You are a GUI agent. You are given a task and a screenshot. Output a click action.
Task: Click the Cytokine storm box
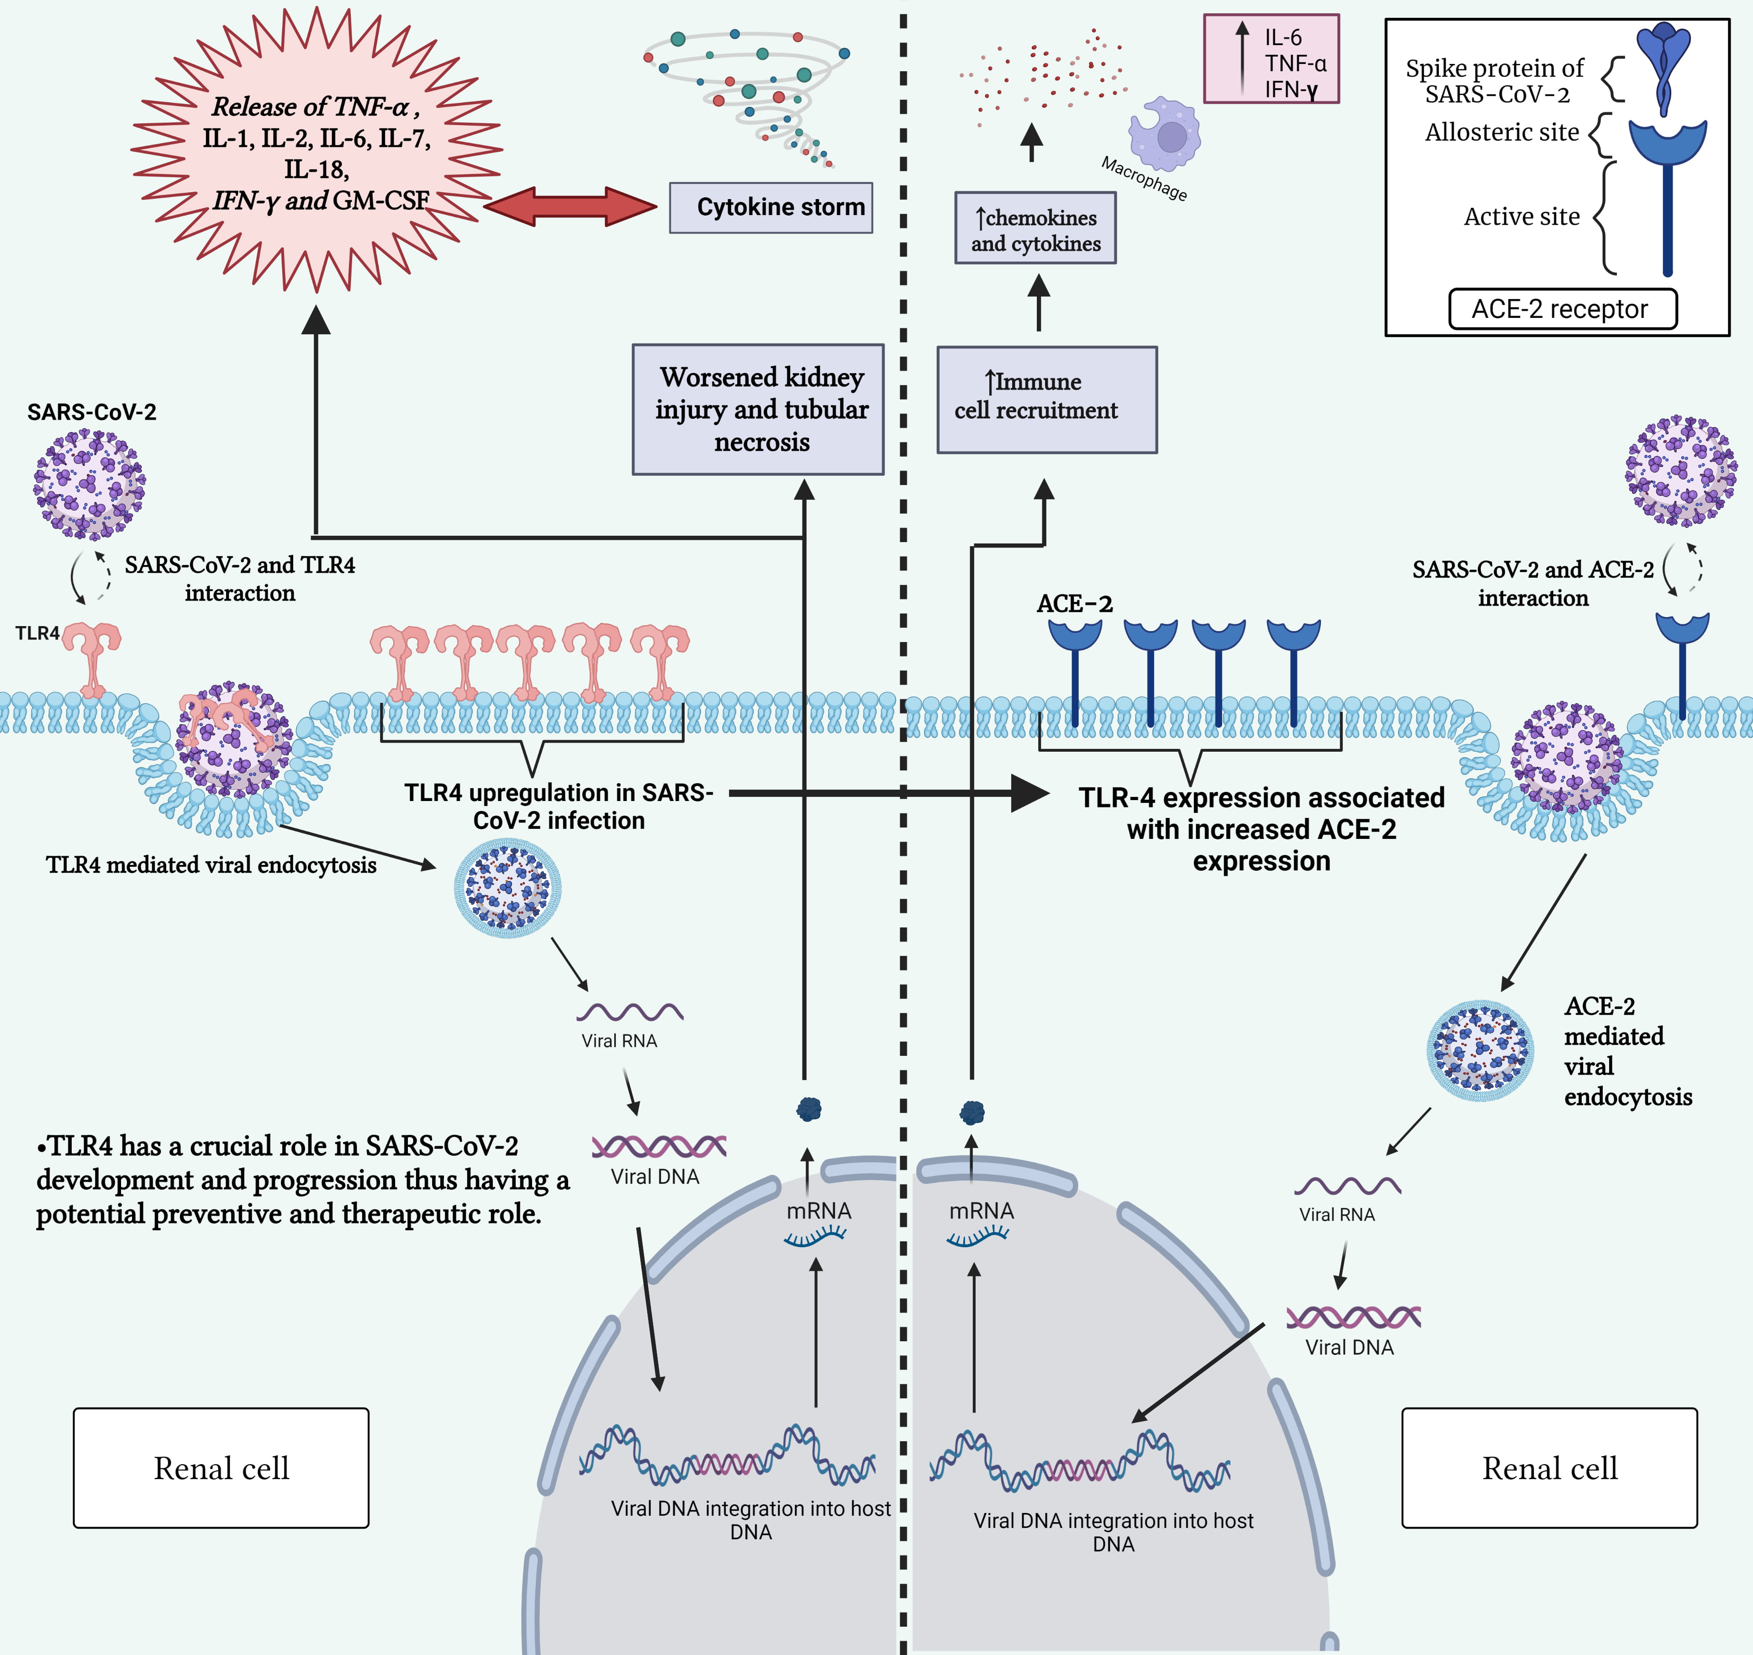[x=770, y=207]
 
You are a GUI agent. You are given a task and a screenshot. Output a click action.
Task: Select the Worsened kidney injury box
[x=758, y=409]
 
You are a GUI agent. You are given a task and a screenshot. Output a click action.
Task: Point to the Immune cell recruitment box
[x=1046, y=400]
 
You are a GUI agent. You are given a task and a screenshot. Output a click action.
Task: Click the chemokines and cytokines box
[x=1035, y=229]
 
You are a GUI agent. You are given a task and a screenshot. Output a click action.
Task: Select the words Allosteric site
[x=1502, y=132]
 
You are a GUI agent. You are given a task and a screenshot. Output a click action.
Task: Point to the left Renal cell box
[x=222, y=1468]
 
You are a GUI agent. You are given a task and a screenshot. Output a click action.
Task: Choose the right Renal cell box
[x=1549, y=1468]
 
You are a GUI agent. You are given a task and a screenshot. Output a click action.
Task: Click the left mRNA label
[x=818, y=1211]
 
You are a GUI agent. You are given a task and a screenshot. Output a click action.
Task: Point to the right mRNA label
[x=981, y=1211]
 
